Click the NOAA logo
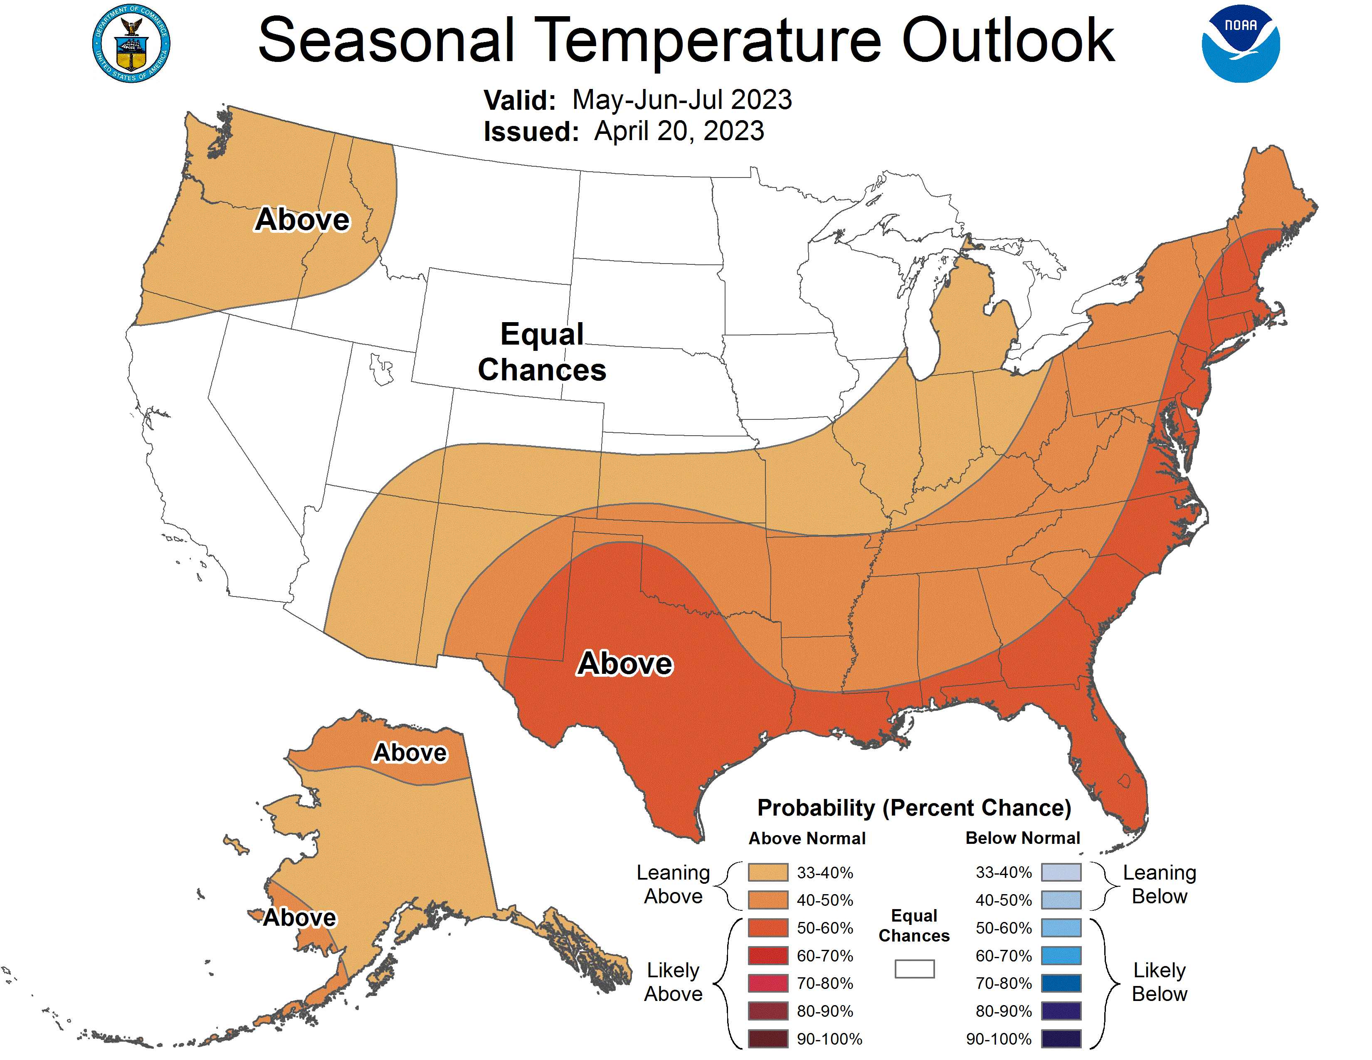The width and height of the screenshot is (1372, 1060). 1240,44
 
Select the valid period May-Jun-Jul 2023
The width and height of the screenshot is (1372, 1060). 682,100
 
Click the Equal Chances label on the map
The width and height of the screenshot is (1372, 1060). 542,352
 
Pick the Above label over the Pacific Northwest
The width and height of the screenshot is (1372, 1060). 302,220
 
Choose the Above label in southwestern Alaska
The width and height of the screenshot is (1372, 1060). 300,917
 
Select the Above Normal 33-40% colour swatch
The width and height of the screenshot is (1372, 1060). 767,872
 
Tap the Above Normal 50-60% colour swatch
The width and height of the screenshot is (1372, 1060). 767,927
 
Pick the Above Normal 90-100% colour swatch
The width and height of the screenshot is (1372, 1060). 767,1039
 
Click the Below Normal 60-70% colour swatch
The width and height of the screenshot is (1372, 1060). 1061,956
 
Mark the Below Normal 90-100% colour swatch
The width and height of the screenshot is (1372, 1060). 1061,1039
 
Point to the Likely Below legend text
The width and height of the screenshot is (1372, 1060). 1159,982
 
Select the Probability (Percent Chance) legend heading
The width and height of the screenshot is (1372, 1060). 914,808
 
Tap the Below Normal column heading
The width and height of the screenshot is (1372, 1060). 1023,838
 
